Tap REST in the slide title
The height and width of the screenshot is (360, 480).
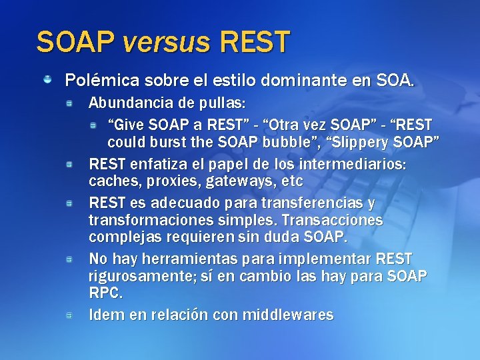[253, 42]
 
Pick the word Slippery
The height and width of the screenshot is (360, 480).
[371, 143]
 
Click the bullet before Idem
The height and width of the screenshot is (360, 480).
[69, 314]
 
